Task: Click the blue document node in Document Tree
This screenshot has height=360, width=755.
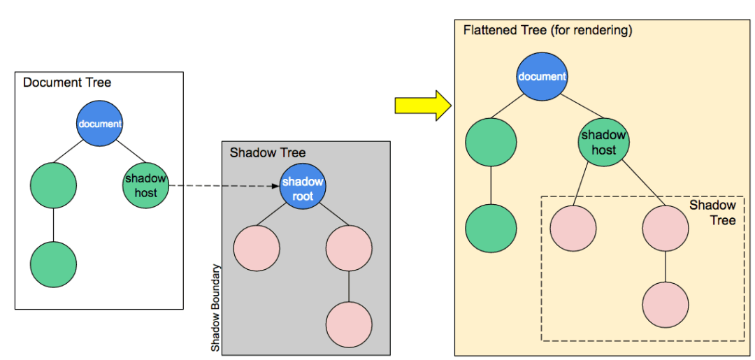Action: tap(99, 124)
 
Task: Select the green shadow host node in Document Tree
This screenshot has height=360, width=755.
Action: tap(145, 185)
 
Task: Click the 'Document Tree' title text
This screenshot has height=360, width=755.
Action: tap(67, 82)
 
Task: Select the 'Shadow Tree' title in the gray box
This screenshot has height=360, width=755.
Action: tap(268, 152)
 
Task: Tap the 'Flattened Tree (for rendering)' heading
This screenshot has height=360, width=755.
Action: tap(547, 31)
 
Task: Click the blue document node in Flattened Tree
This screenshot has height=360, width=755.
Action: tap(542, 75)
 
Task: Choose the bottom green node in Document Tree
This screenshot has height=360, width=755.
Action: tap(53, 264)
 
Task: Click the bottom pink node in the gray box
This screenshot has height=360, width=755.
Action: tap(349, 325)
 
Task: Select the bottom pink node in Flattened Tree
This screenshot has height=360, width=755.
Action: tap(666, 305)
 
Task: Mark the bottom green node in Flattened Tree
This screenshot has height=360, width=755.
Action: tap(491, 229)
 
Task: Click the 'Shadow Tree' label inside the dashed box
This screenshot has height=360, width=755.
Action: tap(712, 213)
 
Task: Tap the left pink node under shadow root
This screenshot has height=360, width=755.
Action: tap(257, 248)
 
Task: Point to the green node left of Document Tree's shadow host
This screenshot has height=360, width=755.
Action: tap(53, 185)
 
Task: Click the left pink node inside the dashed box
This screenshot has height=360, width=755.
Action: tap(573, 229)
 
